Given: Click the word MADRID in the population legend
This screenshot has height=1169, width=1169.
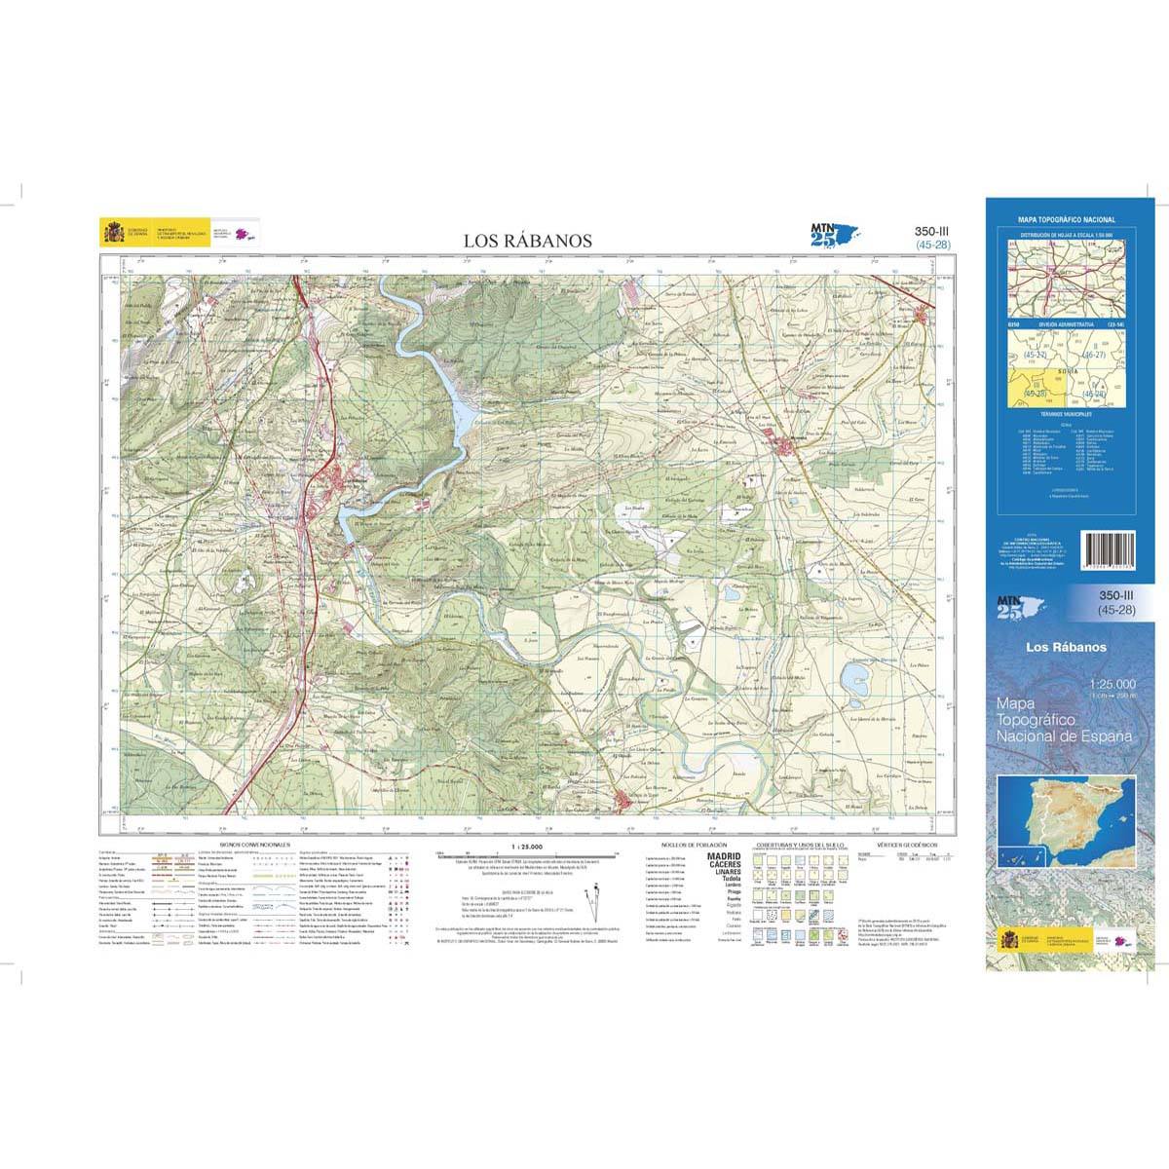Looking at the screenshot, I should click(723, 855).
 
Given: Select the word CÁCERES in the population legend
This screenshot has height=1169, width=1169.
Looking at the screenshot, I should click(723, 864).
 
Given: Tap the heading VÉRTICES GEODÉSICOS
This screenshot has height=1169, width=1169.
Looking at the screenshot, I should click(906, 845).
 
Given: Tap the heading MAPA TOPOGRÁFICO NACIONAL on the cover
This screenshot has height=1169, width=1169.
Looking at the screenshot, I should click(1067, 220).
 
